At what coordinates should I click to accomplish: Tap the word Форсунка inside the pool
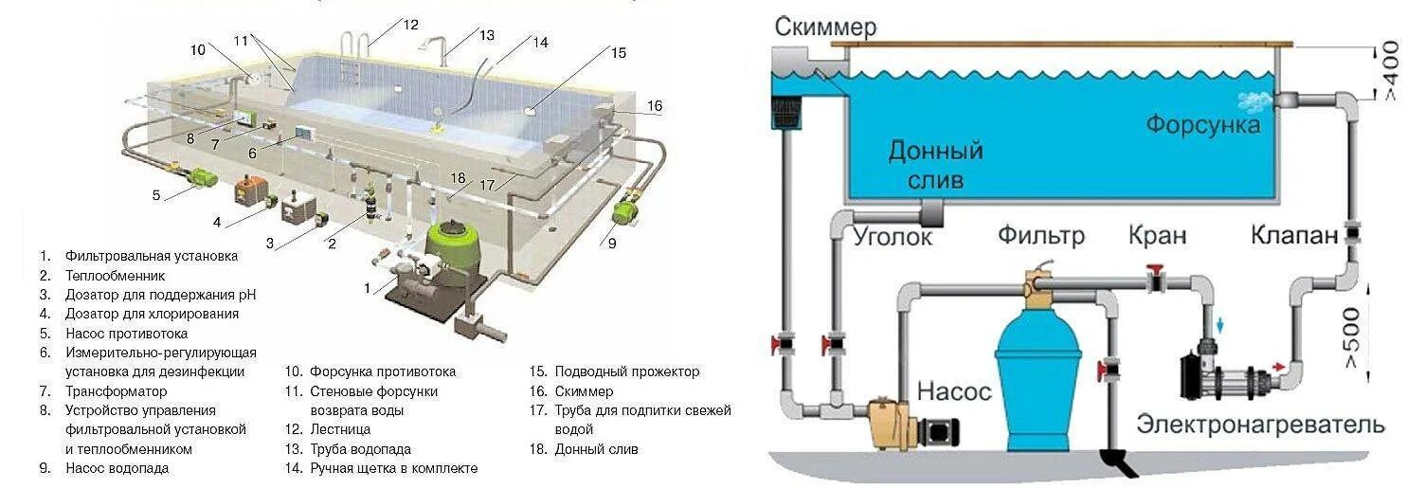pos(1203,124)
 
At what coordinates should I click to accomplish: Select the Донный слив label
pos(935,165)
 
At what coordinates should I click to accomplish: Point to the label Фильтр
pos(1040,234)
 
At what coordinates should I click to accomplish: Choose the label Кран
pos(1157,234)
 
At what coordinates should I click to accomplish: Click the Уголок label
pos(893,235)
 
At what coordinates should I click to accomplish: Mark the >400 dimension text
pos(1389,72)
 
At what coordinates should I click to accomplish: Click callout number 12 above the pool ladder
pos(409,26)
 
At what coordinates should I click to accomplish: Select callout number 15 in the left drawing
pos(618,53)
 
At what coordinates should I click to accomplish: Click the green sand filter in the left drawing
pos(452,249)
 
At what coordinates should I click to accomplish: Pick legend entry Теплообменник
pos(115,275)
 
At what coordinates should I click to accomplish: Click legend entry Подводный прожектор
pos(626,371)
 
